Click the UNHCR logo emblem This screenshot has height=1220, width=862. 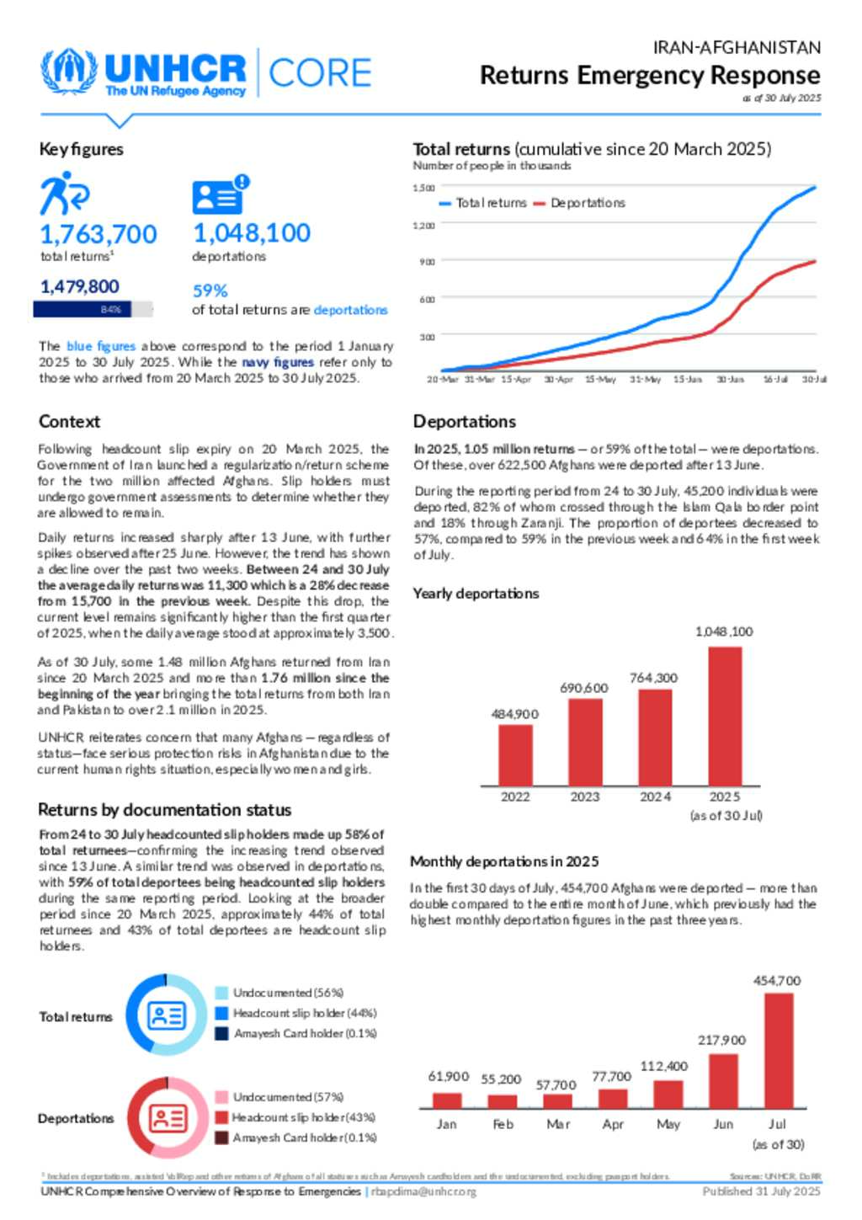click(69, 72)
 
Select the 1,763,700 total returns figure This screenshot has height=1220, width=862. click(98, 233)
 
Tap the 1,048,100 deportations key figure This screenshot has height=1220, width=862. click(252, 232)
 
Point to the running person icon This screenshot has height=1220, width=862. click(64, 194)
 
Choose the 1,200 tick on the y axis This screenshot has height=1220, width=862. click(423, 225)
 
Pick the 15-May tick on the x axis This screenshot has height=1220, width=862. click(600, 380)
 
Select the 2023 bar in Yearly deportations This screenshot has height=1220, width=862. click(585, 742)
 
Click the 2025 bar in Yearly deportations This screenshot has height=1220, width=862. click(725, 716)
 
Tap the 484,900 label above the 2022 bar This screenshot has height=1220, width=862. click(515, 714)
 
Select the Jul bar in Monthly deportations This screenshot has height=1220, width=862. click(779, 1051)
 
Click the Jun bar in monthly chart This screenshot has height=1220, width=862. click(723, 1081)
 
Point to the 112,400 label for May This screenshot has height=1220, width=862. click(664, 1066)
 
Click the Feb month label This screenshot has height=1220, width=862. click(503, 1124)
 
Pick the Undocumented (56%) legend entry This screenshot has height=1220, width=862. click(280, 993)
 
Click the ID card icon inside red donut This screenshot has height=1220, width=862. click(168, 1118)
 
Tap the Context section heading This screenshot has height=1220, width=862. click(69, 421)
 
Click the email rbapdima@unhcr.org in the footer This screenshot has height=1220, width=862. click(424, 1191)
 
